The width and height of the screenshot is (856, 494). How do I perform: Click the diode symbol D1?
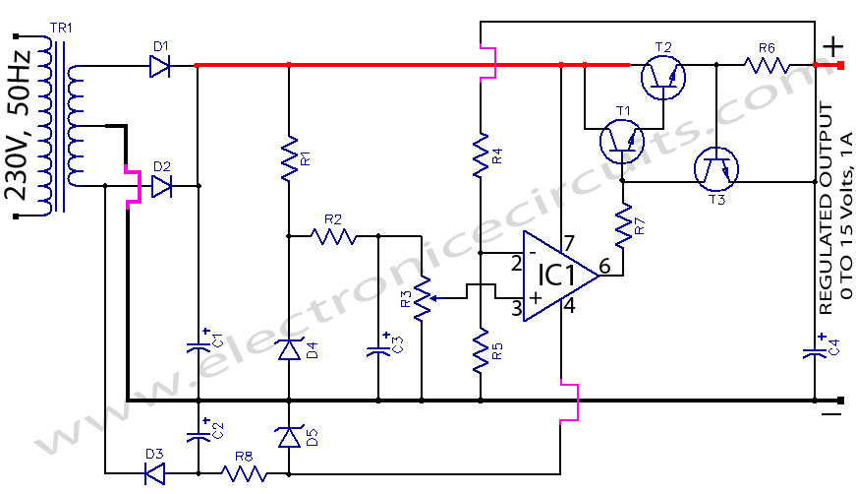[x=160, y=66]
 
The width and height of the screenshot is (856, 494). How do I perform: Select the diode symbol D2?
[x=160, y=185]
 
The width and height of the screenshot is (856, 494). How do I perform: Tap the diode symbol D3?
[x=154, y=473]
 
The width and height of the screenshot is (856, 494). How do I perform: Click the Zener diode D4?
[x=288, y=349]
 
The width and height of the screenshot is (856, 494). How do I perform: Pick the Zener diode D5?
[x=288, y=434]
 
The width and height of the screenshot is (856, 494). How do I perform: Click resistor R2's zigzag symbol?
[x=333, y=236]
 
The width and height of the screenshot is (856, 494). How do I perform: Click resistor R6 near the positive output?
[x=767, y=66]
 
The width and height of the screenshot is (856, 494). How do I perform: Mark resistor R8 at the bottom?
[x=244, y=473]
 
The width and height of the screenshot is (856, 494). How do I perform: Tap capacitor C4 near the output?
[x=816, y=350]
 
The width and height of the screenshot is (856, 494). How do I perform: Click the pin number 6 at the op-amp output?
[x=604, y=266]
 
